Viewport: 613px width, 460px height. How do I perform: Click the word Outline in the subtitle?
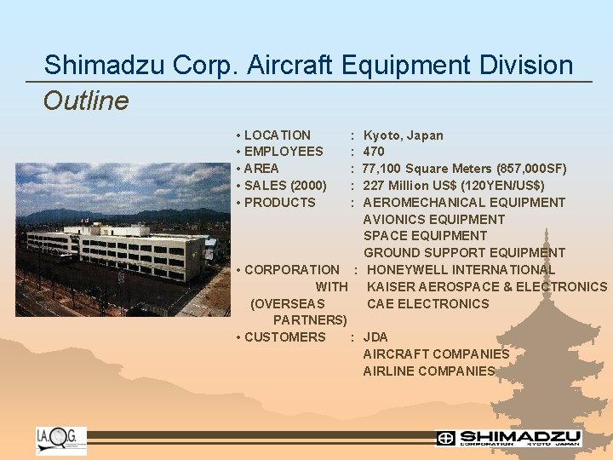[x=86, y=101]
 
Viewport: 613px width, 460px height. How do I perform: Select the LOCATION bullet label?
[x=277, y=135]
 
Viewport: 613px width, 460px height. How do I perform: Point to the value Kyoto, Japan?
[x=403, y=135]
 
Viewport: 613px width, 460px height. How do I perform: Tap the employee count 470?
[x=374, y=152]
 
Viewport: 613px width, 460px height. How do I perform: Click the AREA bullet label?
[x=261, y=169]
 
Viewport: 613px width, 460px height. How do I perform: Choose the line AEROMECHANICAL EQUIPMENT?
[x=464, y=202]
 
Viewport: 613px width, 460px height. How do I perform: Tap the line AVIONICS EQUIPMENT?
[x=433, y=219]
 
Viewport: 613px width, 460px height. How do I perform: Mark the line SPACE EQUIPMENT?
[x=425, y=236]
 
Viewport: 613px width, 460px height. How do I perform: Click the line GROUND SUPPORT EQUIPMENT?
[x=464, y=252]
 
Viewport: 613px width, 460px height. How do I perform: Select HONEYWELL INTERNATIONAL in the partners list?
[x=461, y=269]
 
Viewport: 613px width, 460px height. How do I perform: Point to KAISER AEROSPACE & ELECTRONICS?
[x=486, y=286]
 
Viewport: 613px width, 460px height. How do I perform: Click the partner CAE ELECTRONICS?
[x=427, y=303]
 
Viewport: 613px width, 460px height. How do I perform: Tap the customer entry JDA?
[x=375, y=336]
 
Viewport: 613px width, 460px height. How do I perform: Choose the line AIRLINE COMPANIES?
[x=428, y=371]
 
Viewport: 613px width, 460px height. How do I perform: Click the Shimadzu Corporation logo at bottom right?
[x=508, y=438]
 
